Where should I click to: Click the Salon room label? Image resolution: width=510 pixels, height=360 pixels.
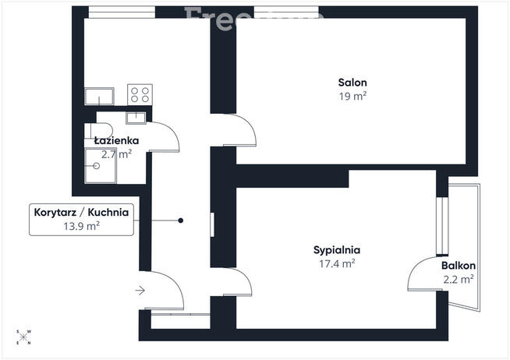click(352, 83)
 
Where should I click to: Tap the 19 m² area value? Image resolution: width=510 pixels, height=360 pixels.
click(352, 97)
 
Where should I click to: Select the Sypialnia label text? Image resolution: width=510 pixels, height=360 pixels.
click(336, 250)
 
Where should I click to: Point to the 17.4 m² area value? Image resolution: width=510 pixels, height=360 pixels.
click(336, 264)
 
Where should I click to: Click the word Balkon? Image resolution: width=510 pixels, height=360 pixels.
click(458, 266)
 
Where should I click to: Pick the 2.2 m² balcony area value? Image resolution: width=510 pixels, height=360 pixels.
click(458, 279)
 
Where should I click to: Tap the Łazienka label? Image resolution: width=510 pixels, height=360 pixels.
click(116, 141)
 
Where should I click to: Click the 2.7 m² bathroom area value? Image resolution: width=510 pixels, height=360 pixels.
click(118, 154)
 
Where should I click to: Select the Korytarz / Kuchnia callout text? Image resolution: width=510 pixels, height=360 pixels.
click(80, 212)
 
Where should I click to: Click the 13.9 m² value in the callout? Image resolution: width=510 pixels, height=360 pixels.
click(81, 226)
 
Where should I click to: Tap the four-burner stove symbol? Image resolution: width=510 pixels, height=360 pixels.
click(140, 95)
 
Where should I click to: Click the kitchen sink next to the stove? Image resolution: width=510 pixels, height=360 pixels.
click(100, 97)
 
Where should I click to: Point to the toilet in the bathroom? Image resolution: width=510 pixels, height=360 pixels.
click(102, 129)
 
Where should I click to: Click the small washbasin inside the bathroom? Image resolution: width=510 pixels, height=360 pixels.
click(136, 118)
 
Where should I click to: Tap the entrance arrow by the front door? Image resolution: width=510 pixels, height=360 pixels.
click(140, 291)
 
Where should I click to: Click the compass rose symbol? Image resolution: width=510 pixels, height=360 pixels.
click(23, 337)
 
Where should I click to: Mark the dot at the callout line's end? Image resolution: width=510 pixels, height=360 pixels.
click(181, 221)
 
